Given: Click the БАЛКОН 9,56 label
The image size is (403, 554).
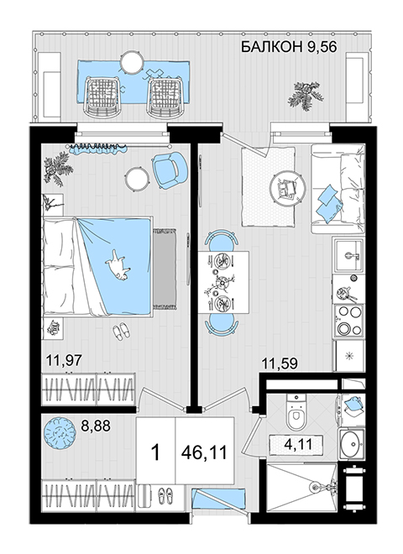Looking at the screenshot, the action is click(x=289, y=46).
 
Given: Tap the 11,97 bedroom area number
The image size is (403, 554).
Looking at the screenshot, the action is click(x=64, y=361).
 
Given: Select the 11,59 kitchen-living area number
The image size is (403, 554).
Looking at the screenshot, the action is click(x=279, y=363).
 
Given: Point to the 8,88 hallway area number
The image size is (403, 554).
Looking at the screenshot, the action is click(x=96, y=426).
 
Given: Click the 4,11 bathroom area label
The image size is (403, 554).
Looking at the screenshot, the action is click(x=298, y=444).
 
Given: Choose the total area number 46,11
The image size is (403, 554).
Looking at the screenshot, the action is click(x=204, y=452).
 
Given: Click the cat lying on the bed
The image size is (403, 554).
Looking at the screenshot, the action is click(x=118, y=265).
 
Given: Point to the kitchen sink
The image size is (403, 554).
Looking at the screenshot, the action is click(x=349, y=255).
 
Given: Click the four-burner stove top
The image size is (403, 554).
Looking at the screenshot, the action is click(x=349, y=321).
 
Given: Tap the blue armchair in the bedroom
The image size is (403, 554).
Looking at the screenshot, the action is click(x=170, y=170).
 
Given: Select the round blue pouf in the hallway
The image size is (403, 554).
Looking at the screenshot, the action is click(x=60, y=433).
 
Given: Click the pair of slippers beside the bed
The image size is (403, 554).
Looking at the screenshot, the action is click(x=121, y=332).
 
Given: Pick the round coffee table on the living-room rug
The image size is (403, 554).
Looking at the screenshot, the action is click(x=288, y=189).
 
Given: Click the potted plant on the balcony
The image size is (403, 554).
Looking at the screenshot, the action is click(x=305, y=94).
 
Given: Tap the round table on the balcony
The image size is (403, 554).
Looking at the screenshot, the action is click(x=132, y=62).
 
